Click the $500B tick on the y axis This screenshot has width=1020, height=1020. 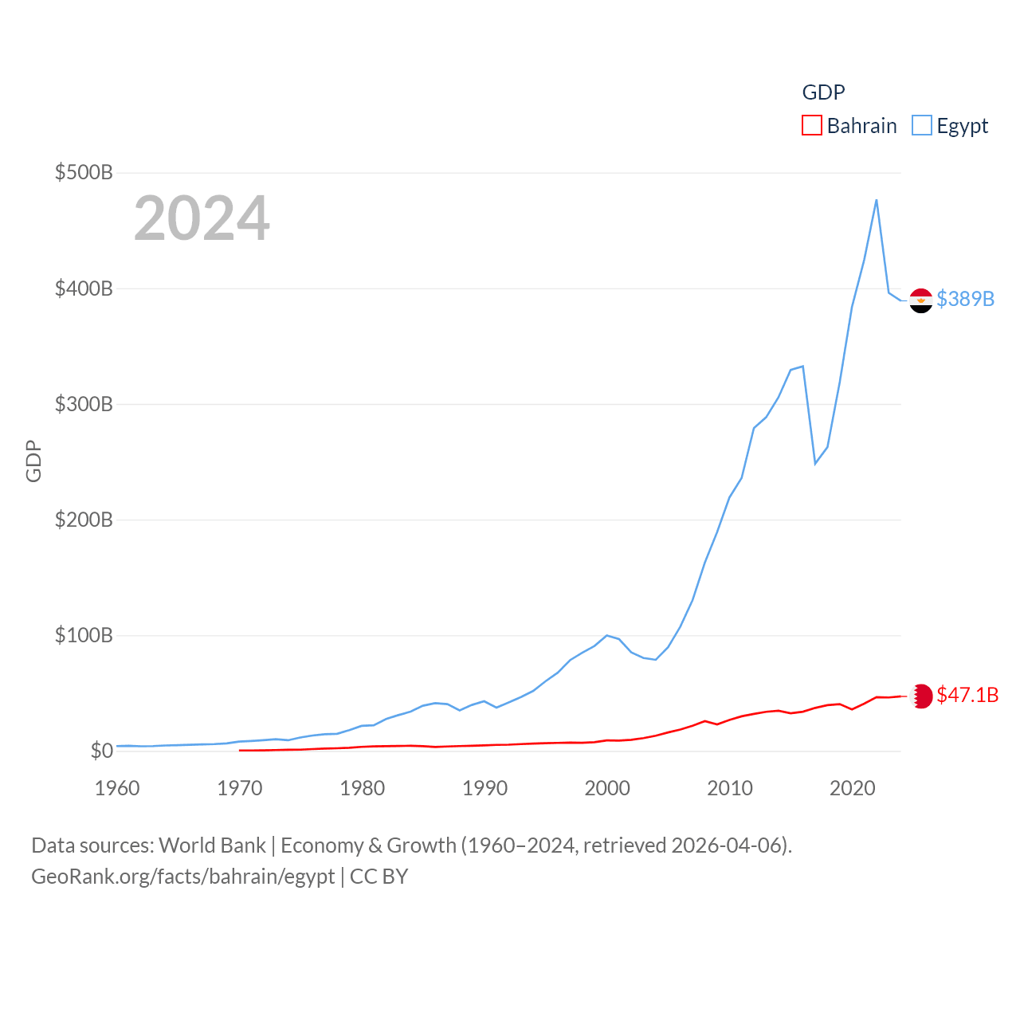pos(84,172)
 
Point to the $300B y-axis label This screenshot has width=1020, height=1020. pos(84,404)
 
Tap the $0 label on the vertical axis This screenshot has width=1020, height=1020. pos(101,751)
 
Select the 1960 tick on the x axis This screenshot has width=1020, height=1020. pos(117,788)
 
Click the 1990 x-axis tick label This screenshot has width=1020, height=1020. pos(484,788)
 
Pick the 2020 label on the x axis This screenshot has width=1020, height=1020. pos(852,788)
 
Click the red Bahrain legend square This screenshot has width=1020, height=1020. pos(811,126)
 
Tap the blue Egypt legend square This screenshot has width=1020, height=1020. pos(921,126)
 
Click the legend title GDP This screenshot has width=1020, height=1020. pos(823,92)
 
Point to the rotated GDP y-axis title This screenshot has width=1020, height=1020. pos(33,461)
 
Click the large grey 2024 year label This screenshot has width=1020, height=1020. pos(202,218)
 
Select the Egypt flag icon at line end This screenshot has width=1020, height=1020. pos(921,300)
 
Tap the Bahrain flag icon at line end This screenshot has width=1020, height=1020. pos(921,696)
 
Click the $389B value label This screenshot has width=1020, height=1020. pos(965,299)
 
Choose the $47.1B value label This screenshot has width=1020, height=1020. pos(967,695)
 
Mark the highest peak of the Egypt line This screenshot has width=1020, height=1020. pos(877,200)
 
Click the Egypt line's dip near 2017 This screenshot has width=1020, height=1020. pos(815,464)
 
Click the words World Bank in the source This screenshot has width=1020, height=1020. pos(212,845)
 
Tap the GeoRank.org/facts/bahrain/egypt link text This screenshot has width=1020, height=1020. pos(183,877)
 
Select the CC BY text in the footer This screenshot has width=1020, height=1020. pos(379,877)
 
